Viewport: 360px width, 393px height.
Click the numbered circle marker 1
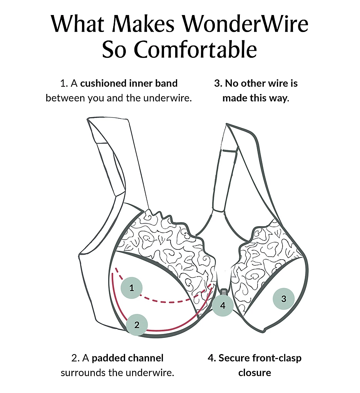click(132, 287)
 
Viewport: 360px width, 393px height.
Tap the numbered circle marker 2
click(137, 324)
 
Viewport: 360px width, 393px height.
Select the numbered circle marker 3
click(284, 299)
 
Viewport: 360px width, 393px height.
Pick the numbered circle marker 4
click(223, 306)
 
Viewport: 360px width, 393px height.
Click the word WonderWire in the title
click(245, 24)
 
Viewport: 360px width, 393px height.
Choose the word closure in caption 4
click(255, 373)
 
